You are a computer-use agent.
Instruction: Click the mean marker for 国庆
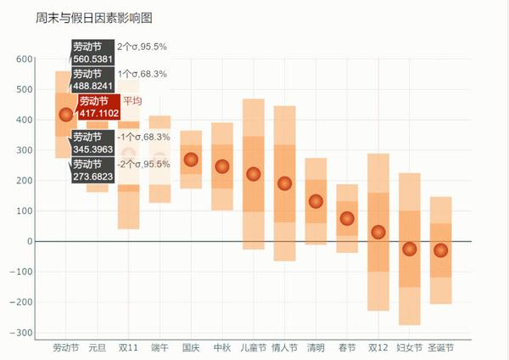[x=191, y=160]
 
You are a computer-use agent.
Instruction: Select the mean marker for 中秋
[x=222, y=166]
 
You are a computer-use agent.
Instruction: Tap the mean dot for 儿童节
[x=253, y=174]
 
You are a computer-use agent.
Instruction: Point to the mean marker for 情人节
[x=284, y=183]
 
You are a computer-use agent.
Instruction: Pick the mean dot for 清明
[x=316, y=201]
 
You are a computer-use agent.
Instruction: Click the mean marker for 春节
[x=347, y=218]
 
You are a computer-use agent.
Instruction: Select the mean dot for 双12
[x=378, y=232]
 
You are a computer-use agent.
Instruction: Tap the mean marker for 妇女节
[x=410, y=249]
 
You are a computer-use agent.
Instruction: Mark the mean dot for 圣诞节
[x=440, y=250]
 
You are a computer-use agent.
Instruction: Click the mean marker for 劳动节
[x=66, y=115]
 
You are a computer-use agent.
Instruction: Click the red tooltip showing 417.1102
[x=98, y=107]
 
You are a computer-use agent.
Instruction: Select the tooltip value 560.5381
[x=92, y=59]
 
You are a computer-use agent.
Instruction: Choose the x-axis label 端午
[x=159, y=347]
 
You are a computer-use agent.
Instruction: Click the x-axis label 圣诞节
[x=440, y=347]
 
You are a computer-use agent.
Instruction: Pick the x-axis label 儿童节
[x=253, y=347]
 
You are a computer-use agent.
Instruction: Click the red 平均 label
[x=132, y=101]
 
